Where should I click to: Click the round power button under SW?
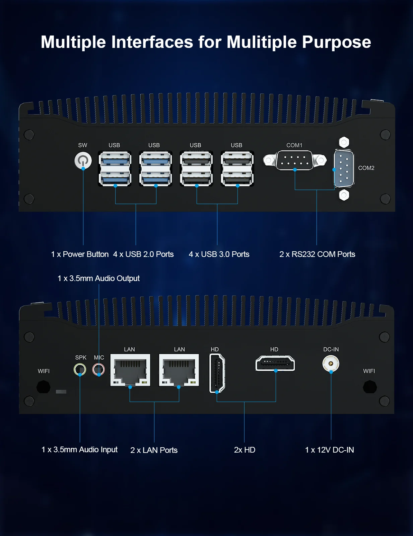click(x=83, y=160)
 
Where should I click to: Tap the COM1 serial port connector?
click(x=295, y=160)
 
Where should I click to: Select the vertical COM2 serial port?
click(x=344, y=169)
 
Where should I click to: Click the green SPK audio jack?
click(x=80, y=370)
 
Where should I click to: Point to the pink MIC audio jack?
click(x=98, y=370)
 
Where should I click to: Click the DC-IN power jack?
click(x=331, y=363)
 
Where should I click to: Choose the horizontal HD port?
click(x=275, y=363)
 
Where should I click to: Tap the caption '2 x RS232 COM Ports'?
click(x=317, y=254)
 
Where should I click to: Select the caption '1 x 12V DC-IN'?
click(x=329, y=450)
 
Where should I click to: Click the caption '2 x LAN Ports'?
click(x=154, y=450)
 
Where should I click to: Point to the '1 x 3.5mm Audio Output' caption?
click(x=98, y=278)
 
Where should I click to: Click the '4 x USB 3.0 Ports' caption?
click(x=219, y=254)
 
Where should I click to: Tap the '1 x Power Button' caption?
click(x=80, y=254)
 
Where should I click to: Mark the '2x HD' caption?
click(x=245, y=450)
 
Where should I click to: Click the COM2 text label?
click(x=366, y=168)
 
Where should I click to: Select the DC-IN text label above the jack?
click(x=331, y=349)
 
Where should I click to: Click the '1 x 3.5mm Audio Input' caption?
click(x=79, y=450)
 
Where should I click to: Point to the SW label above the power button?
click(x=83, y=145)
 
